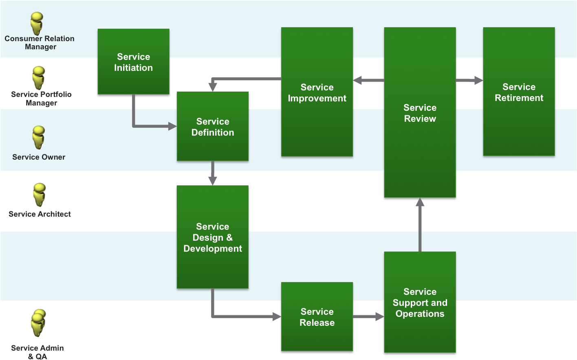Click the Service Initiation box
[133, 61]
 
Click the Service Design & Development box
[212, 237]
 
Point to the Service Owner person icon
[38, 137]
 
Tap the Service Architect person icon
[39, 195]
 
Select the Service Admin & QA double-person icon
[38, 323]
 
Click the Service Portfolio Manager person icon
[38, 78]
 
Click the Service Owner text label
[39, 157]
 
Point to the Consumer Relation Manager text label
[40, 43]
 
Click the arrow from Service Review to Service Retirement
[469, 80]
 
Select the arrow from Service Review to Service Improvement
[368, 80]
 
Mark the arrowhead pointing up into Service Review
[420, 202]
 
